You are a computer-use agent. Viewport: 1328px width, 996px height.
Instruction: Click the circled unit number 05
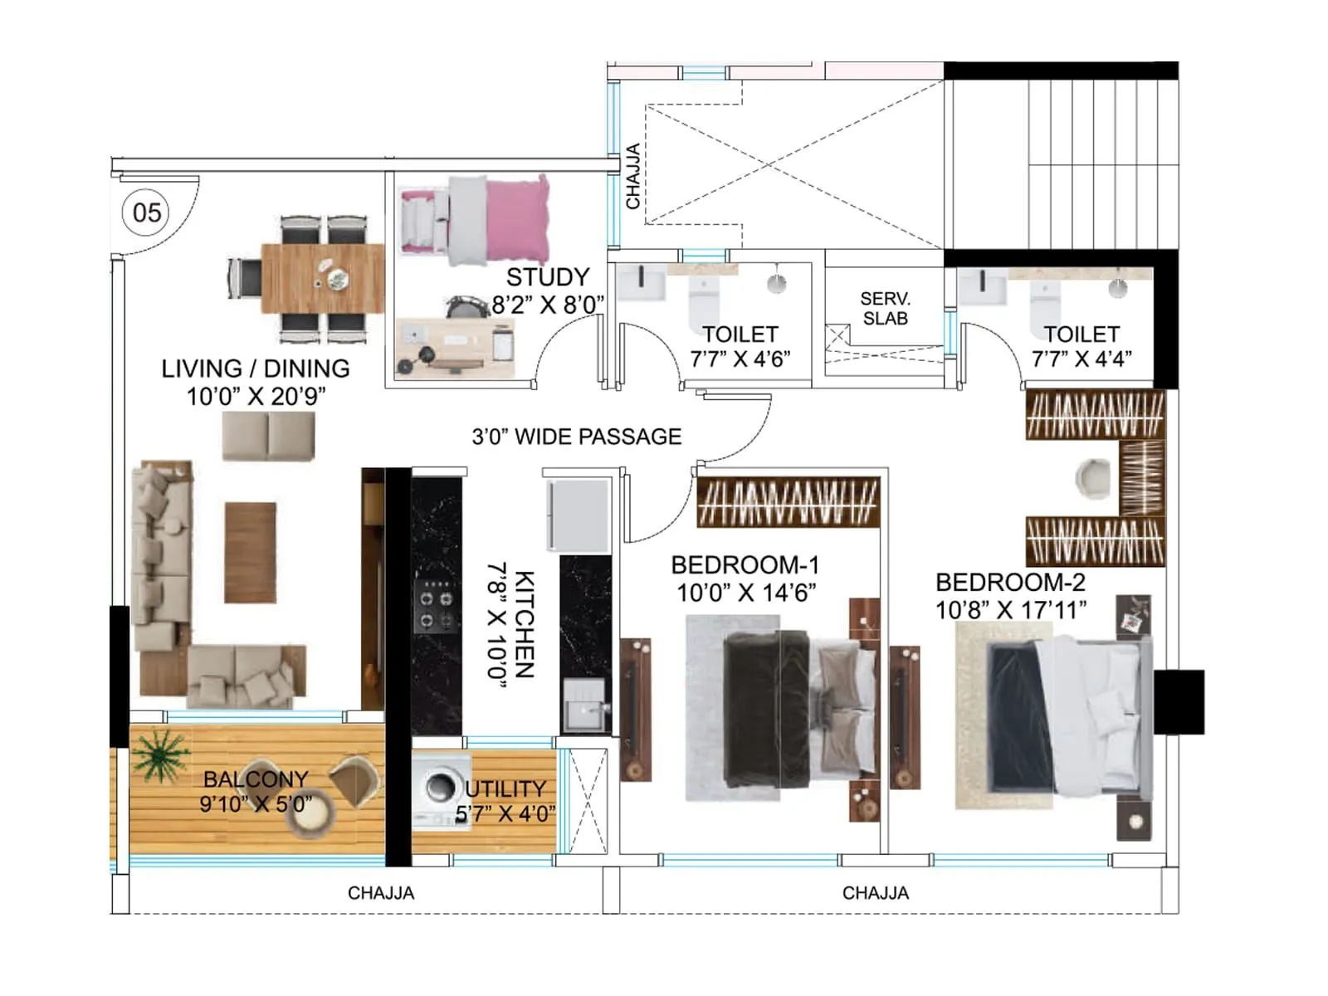pos(147,212)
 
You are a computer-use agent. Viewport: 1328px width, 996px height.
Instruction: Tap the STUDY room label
pos(548,277)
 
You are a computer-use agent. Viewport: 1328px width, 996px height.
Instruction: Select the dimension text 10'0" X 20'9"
pos(256,397)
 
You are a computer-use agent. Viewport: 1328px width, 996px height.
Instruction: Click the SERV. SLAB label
pos(885,309)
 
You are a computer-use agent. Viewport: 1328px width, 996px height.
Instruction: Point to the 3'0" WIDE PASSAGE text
pos(576,437)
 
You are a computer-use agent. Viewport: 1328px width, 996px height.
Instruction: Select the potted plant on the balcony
pos(159,754)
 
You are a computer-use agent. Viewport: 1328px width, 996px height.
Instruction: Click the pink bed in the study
pos(498,220)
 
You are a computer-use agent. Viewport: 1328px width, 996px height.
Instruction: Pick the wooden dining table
pos(322,278)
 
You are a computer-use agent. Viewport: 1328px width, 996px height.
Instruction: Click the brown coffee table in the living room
pos(250,552)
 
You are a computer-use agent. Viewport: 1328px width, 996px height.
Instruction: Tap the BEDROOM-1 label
pos(745,565)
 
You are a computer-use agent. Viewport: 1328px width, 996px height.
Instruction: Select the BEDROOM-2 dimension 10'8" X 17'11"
pos(1010,610)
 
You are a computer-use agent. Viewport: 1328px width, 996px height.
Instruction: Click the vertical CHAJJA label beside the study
pos(632,176)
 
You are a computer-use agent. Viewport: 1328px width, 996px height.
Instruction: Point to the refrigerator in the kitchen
pos(578,515)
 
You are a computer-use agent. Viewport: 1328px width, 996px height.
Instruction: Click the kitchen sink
pos(584,705)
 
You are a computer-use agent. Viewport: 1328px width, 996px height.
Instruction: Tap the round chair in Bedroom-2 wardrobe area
pos(1093,479)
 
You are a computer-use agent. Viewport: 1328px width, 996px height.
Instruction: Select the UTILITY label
pos(505,788)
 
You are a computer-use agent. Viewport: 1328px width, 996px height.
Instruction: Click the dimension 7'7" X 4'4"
pos(1081,359)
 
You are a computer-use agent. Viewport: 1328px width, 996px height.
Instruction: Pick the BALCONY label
pos(256,779)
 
